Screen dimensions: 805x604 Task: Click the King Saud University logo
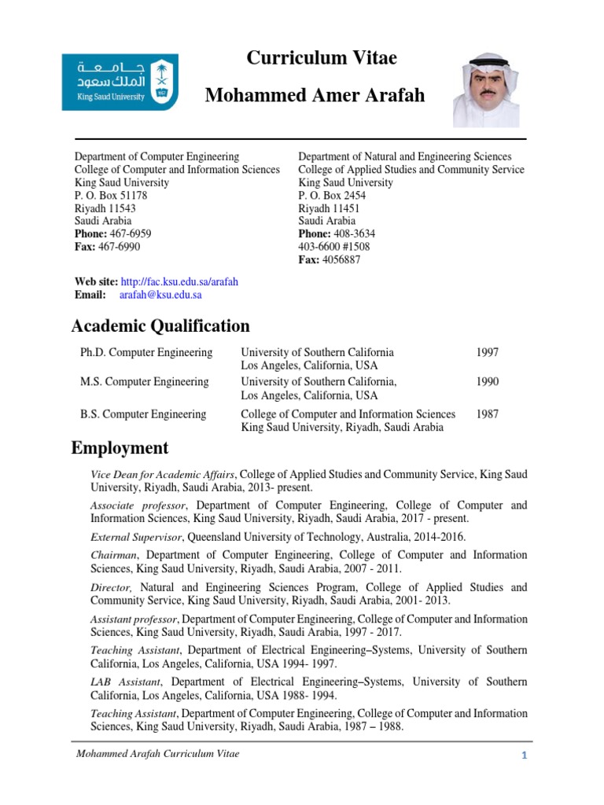tap(120, 81)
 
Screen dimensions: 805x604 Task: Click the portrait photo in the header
tap(485, 90)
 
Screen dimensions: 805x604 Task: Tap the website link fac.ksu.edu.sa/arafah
tap(179, 281)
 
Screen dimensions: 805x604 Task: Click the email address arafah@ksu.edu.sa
tap(160, 295)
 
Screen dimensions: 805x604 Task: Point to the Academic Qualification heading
tap(160, 325)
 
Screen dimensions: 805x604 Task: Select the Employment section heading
tap(120, 448)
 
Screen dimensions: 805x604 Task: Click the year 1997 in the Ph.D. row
tap(488, 352)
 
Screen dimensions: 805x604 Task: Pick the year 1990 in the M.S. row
tap(488, 381)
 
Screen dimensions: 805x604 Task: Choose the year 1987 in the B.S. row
tap(488, 414)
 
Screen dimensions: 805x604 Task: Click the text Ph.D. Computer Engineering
tap(146, 352)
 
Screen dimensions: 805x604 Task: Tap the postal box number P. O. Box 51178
tap(111, 195)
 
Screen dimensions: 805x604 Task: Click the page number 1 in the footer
tap(522, 755)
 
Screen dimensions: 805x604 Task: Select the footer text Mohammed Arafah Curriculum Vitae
tap(157, 754)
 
